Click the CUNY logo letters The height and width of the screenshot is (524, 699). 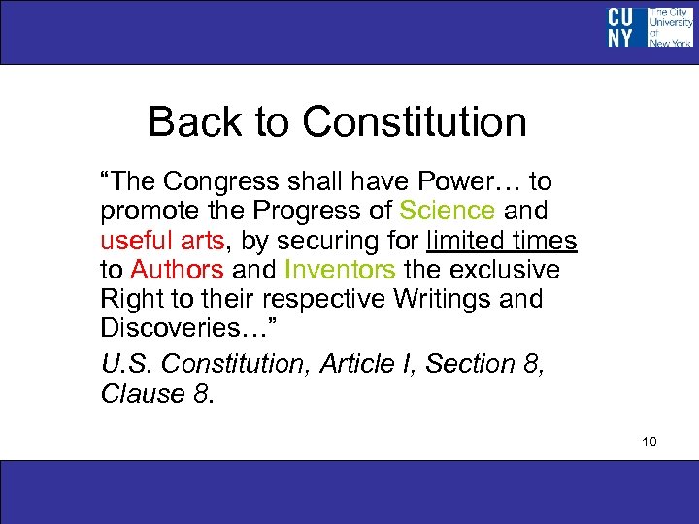(x=619, y=27)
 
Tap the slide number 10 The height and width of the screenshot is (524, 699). (x=649, y=442)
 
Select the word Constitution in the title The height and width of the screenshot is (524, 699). (x=415, y=123)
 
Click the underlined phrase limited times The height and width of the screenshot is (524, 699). (x=502, y=240)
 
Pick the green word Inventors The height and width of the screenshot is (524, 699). (x=340, y=269)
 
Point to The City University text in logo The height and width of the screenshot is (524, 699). (x=671, y=21)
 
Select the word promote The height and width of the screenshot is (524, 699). (x=148, y=211)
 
